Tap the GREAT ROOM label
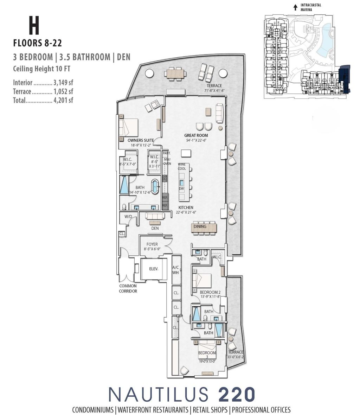click(x=196, y=135)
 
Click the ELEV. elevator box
click(x=153, y=269)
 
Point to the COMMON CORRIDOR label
click(x=128, y=288)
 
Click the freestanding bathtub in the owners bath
click(x=155, y=186)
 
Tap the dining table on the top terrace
click(x=174, y=74)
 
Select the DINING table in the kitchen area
click(x=204, y=227)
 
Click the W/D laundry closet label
click(x=128, y=217)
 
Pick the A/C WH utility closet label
click(x=176, y=270)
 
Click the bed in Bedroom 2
click(x=201, y=280)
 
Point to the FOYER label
click(x=152, y=244)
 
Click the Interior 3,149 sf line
click(x=43, y=83)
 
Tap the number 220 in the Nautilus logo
click(x=237, y=394)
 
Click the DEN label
click(x=155, y=228)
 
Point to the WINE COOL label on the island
click(x=182, y=166)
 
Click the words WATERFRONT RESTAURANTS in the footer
click(x=153, y=410)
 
